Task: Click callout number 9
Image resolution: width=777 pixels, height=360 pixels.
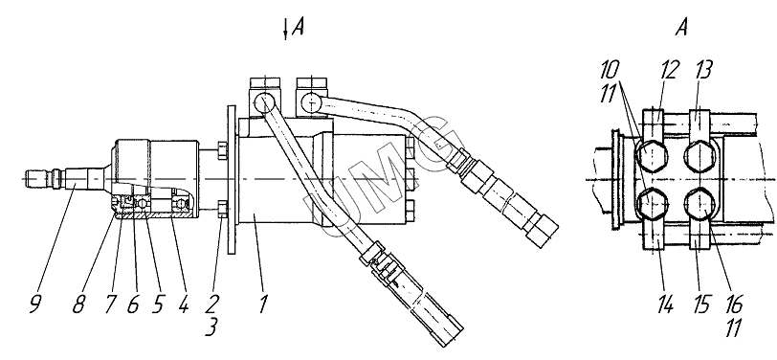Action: pos(34,304)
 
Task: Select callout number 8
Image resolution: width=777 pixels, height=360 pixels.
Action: pos(78,304)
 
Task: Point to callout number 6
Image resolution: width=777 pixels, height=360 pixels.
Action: pos(132,304)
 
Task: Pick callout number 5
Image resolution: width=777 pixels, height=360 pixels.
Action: pos(157,304)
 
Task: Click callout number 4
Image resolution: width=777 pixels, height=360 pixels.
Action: pos(183,304)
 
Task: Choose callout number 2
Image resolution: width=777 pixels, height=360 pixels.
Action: pos(214,304)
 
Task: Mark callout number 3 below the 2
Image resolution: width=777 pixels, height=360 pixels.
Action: pos(211,327)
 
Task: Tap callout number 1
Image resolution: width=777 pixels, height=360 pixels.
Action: pos(262,304)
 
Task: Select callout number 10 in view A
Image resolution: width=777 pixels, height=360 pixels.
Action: pos(610,71)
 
